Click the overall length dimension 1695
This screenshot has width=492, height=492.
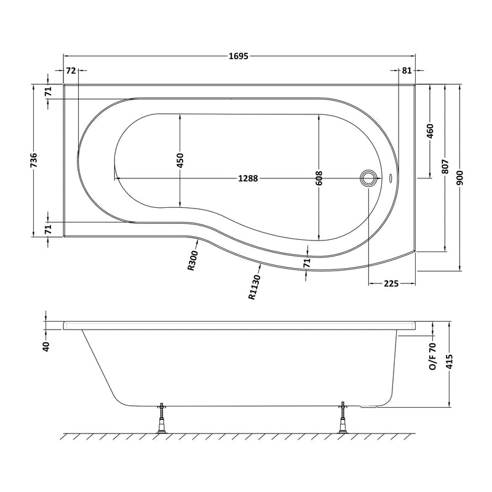[x=240, y=57]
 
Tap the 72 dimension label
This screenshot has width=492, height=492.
[x=71, y=71]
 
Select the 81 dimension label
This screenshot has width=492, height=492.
[x=407, y=71]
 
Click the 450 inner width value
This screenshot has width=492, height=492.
[x=180, y=161]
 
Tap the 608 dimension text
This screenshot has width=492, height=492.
[x=319, y=178]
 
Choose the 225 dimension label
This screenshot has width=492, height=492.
[x=392, y=284]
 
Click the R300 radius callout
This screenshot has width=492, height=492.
[x=192, y=261]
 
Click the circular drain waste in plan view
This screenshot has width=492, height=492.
[x=369, y=178]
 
